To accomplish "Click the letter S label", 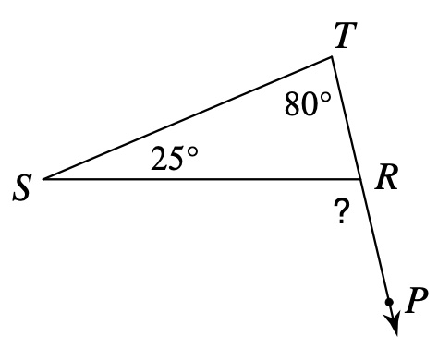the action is point(22,187).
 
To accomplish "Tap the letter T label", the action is point(346,35).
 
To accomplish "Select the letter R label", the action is point(387,177).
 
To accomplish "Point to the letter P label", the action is point(416,300).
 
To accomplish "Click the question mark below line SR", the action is point(342,210).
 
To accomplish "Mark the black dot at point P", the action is point(389,302).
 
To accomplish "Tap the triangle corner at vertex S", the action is point(43,179).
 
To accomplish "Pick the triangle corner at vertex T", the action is point(332,56).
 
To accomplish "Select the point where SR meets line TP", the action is point(360,179).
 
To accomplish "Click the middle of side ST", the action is point(188,117).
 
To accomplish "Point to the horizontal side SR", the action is point(201,179).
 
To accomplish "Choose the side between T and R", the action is point(346,117).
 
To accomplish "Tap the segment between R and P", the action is point(374,240).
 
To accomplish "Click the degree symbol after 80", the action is point(325,98).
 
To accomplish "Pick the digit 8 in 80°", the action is point(293,104).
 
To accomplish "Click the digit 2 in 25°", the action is point(160,159).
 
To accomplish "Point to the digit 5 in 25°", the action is point(176,159).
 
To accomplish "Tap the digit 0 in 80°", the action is point(310,104).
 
